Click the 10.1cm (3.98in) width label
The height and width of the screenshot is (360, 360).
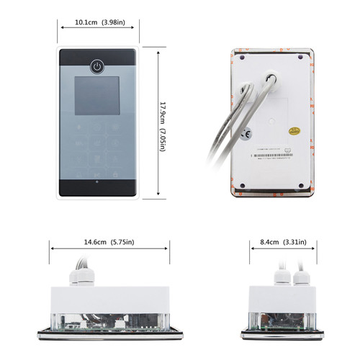click(x=99, y=22)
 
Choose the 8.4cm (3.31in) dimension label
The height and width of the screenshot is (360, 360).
click(x=280, y=245)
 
